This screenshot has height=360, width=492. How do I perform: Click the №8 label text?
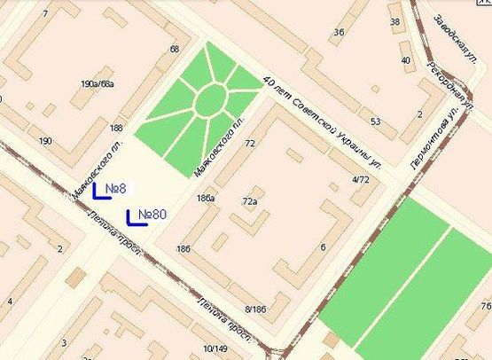tap(116, 189)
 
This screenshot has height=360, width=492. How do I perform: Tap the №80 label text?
tap(152, 215)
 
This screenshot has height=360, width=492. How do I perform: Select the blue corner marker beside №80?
tap(131, 216)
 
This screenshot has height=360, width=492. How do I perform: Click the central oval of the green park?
tap(210, 99)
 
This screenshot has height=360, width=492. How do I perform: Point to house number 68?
tap(174, 50)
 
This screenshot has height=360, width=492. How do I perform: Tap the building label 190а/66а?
tap(97, 84)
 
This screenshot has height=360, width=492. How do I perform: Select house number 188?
tap(116, 129)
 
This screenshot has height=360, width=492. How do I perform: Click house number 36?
tap(338, 33)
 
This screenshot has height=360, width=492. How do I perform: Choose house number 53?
tap(376, 121)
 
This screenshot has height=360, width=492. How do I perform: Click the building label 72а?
tap(249, 202)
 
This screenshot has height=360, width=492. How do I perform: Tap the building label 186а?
tap(206, 198)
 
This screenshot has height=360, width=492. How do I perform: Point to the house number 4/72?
tap(360, 180)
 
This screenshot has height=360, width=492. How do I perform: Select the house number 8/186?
tap(255, 309)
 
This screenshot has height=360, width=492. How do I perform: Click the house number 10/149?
tap(215, 348)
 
